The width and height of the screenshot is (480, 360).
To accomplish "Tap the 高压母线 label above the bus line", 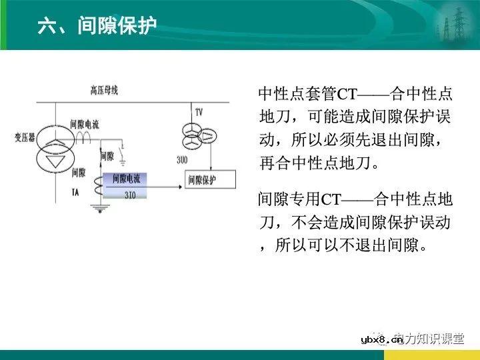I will point(105,90).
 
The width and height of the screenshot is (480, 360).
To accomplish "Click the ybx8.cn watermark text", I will point(381,340).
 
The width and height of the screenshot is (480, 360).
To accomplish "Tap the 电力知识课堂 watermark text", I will point(429,339).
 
